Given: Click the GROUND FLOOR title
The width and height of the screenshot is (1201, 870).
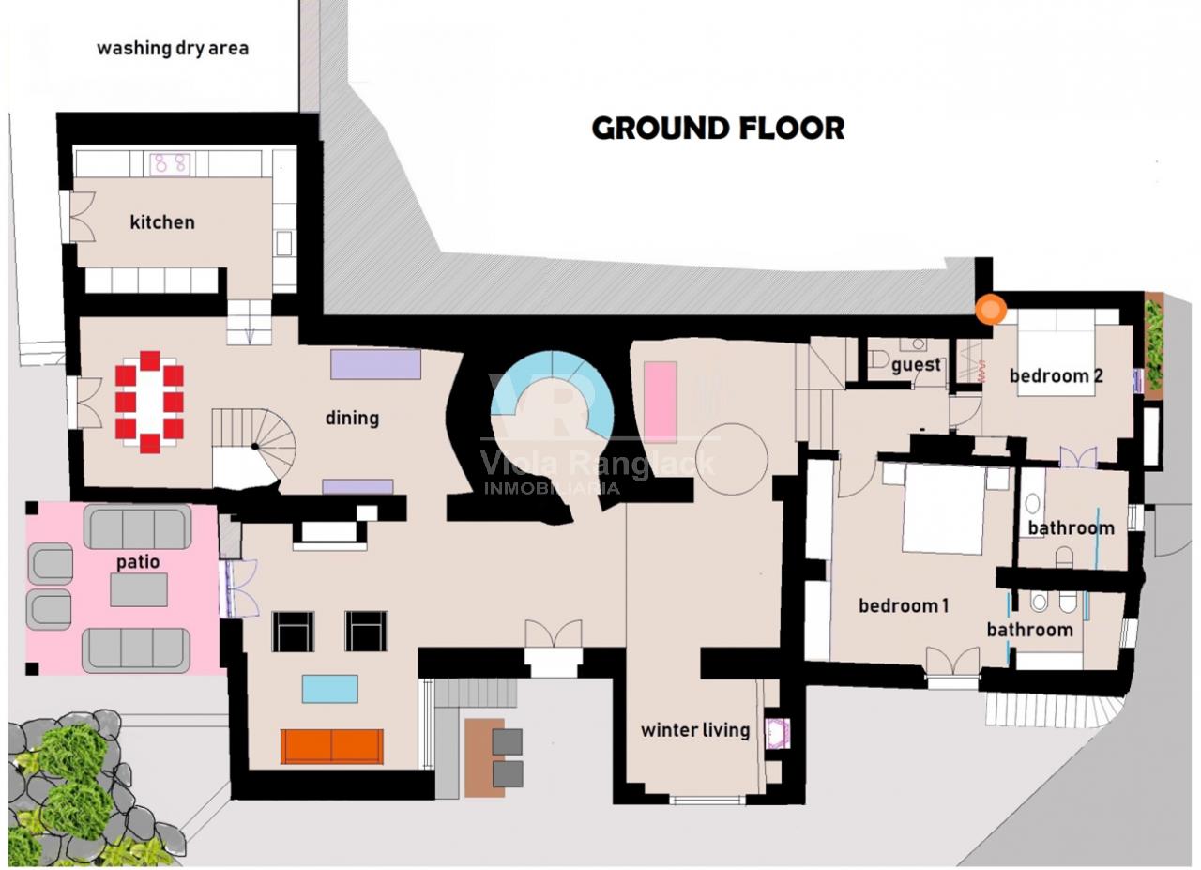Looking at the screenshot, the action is [x=718, y=129].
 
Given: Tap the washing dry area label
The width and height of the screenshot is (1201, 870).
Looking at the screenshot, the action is [x=173, y=49].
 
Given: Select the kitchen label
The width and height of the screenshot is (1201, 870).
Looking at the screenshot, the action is [x=162, y=222].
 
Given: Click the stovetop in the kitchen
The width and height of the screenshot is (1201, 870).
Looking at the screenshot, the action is [x=170, y=164].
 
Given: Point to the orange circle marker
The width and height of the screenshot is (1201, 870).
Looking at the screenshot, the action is [x=991, y=310].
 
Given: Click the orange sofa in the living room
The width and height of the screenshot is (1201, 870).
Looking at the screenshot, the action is [x=332, y=746].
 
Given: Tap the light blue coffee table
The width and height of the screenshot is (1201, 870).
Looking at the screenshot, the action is [x=329, y=689].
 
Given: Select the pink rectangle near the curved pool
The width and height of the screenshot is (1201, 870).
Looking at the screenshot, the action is [x=660, y=401].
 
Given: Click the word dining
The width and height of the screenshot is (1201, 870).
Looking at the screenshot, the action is [x=352, y=418].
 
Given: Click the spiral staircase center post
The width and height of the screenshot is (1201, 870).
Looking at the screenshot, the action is [x=256, y=446].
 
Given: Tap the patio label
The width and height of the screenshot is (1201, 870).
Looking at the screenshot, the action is [x=138, y=563].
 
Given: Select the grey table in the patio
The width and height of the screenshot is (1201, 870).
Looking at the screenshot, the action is [x=139, y=589].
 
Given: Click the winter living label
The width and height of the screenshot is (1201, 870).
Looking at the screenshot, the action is [x=695, y=730].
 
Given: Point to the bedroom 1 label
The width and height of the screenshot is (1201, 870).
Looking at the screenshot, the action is [x=904, y=606].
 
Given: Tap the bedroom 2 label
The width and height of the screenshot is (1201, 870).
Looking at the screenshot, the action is [x=1057, y=376].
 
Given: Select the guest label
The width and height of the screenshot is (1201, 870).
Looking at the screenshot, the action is [x=916, y=365].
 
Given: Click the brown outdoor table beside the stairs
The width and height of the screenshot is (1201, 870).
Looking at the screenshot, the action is [x=484, y=758].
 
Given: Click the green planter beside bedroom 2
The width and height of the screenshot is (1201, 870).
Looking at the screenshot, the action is [x=1154, y=346].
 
